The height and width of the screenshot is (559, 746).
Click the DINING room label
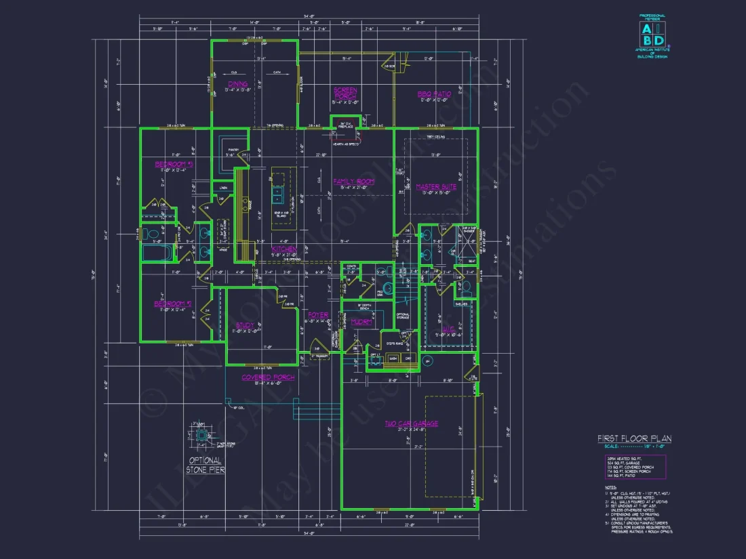[x=238, y=84]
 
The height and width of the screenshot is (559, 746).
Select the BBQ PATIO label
[x=434, y=94]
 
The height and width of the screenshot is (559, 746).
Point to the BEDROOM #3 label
[x=174, y=165]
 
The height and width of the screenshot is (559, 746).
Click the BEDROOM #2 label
[x=174, y=304]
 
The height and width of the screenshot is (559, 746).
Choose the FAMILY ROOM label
[x=353, y=182]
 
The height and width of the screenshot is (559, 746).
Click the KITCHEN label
[x=284, y=249]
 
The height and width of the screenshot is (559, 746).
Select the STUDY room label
[x=246, y=326]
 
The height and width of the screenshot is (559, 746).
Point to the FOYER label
[x=318, y=315]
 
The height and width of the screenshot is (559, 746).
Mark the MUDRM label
[x=361, y=323]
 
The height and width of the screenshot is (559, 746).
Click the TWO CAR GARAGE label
[x=412, y=423]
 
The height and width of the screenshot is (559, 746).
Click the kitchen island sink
[x=277, y=196]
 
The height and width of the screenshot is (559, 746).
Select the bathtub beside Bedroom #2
[x=159, y=253]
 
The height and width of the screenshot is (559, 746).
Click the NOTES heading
[x=610, y=486]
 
